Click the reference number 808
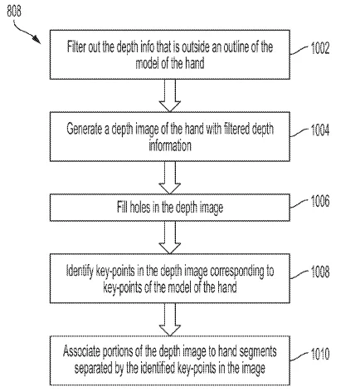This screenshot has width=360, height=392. point(14,11)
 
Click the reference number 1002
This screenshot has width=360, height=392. point(320,48)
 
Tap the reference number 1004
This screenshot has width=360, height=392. point(320,130)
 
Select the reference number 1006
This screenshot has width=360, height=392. point(320,201)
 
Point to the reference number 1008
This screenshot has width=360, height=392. point(320,272)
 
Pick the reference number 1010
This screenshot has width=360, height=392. point(320,354)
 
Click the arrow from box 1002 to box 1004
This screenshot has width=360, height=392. point(170,96)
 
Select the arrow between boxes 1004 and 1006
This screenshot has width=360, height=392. point(170,178)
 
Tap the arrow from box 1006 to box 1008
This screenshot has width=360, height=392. point(170,238)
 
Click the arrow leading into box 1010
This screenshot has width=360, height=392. point(170,320)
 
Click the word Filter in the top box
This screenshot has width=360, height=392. point(75,47)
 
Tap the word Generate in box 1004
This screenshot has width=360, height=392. point(84,129)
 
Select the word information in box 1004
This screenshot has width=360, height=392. point(170,145)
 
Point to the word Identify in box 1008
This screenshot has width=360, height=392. point(80,271)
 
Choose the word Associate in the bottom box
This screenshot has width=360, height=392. point(81,351)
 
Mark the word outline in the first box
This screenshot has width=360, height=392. point(236,47)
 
